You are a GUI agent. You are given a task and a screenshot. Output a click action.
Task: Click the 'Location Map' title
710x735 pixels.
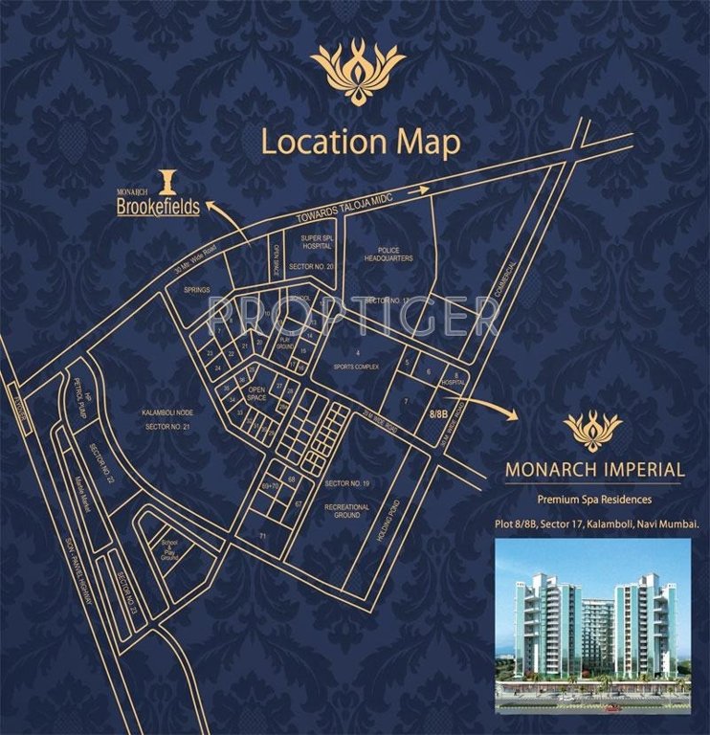point(360,143)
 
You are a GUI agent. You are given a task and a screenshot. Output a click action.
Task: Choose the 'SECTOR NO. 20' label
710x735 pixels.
point(317,266)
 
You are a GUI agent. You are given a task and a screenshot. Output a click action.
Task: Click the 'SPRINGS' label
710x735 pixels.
point(198,290)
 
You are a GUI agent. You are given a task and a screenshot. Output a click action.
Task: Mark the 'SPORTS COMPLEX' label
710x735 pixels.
point(357,367)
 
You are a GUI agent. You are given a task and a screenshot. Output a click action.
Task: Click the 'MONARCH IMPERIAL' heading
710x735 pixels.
point(594,471)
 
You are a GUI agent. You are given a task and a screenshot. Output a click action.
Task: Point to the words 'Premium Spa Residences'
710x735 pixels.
point(593,501)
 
